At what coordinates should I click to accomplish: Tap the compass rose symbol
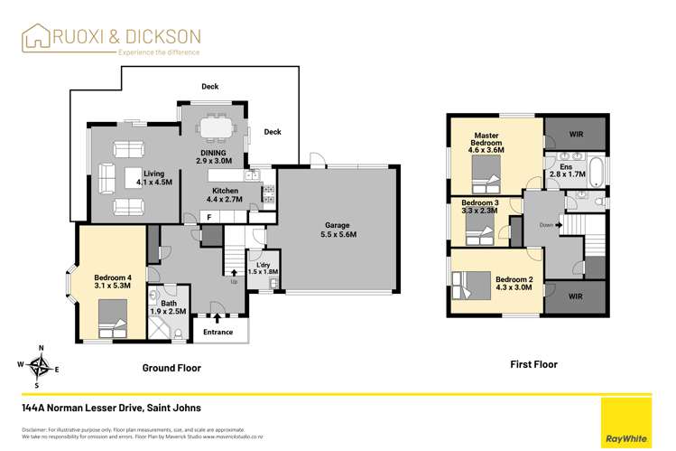click(40, 365)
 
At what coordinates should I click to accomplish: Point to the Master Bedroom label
click(486, 143)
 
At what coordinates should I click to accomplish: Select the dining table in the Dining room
click(214, 129)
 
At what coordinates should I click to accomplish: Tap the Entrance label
click(218, 332)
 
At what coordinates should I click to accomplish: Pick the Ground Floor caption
click(171, 368)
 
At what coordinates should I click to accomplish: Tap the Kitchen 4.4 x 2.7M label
click(224, 194)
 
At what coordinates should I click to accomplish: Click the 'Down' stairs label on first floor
click(546, 225)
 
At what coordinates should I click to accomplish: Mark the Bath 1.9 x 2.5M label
click(168, 307)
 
